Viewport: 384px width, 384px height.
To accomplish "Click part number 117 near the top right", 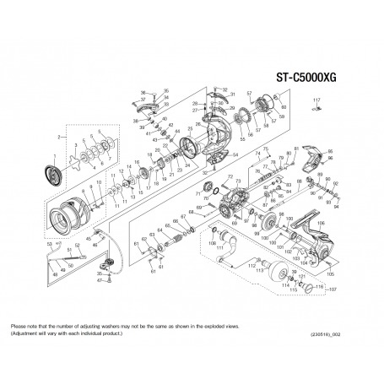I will click(x=317, y=100).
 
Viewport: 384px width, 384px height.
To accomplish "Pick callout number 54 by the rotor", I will click(x=235, y=154).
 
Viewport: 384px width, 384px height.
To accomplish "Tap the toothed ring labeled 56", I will click(x=243, y=117).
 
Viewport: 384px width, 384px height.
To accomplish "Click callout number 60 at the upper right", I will click(x=284, y=108).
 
